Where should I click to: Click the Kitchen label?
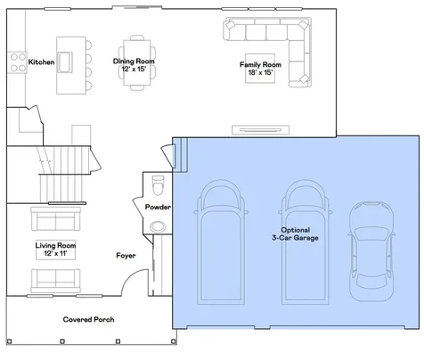pos(41,62)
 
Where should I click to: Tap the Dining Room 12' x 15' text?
pos(134,65)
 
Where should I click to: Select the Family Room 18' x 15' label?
pos(260,69)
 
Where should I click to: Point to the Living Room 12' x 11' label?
pos(55,250)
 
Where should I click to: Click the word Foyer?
pos(126,256)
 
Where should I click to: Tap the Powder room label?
pos(158,207)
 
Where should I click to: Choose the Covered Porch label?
pos(88,320)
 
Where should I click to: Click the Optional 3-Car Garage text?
pos(295,233)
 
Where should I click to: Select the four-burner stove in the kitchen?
pos(18,62)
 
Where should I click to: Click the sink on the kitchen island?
pos(65,62)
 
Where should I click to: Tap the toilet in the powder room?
pos(158,185)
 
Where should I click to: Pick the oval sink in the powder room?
pos(158,227)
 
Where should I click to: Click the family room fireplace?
pos(260,130)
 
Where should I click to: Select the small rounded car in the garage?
pos(371,251)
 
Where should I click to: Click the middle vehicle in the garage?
pos(305,242)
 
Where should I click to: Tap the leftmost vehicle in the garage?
pos(221,242)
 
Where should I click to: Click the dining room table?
pos(137,62)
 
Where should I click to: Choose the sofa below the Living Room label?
pos(56,281)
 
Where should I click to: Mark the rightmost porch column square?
pos(174,341)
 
